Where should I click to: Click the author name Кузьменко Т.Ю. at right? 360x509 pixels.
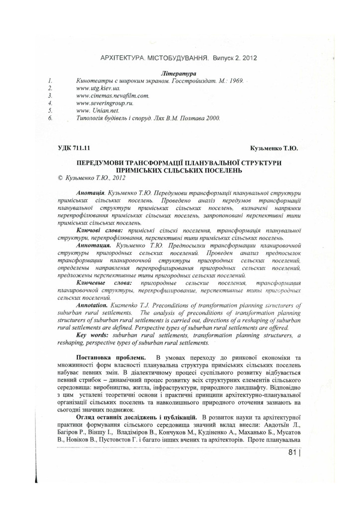click(x=277, y=148)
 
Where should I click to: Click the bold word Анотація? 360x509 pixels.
click(x=90, y=191)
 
